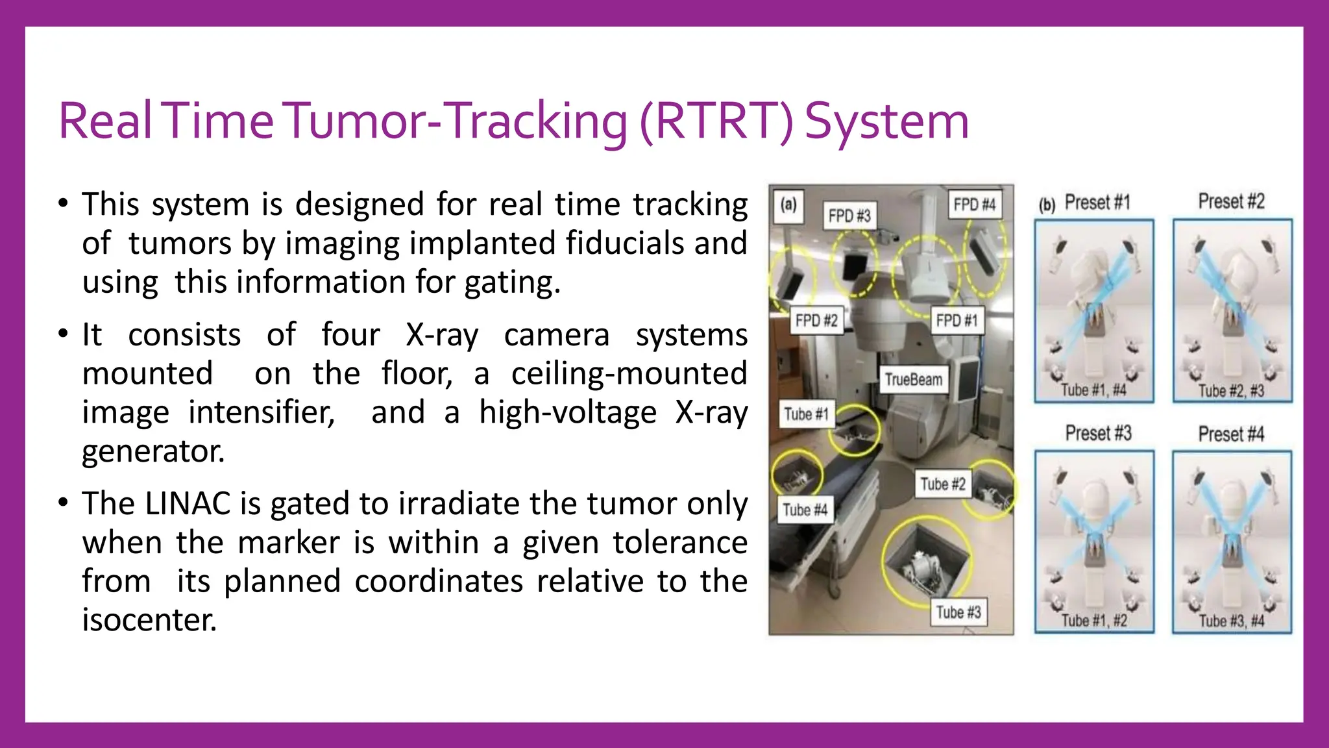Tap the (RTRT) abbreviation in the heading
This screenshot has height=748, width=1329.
click(716, 122)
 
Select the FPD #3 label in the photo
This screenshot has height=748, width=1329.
click(849, 216)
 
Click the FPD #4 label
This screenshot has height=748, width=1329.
click(973, 205)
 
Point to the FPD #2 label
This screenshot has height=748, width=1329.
click(816, 320)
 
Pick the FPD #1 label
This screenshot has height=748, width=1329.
click(957, 320)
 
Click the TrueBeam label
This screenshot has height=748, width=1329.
click(913, 379)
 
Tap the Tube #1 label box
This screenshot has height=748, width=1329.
click(806, 414)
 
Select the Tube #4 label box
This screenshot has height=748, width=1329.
click(805, 510)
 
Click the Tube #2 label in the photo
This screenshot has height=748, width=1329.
click(942, 484)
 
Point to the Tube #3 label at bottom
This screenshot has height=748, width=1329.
click(958, 612)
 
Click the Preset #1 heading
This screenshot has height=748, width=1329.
click(1097, 203)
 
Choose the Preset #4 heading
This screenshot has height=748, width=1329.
click(1231, 434)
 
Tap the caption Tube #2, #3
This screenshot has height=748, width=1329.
click(1231, 391)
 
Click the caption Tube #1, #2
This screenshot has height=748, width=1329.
click(1094, 621)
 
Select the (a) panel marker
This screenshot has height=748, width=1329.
click(788, 205)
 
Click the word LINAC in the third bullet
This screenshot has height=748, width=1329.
click(188, 504)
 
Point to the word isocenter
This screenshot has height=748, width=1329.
click(149, 620)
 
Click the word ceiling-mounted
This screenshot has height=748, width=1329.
click(629, 373)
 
